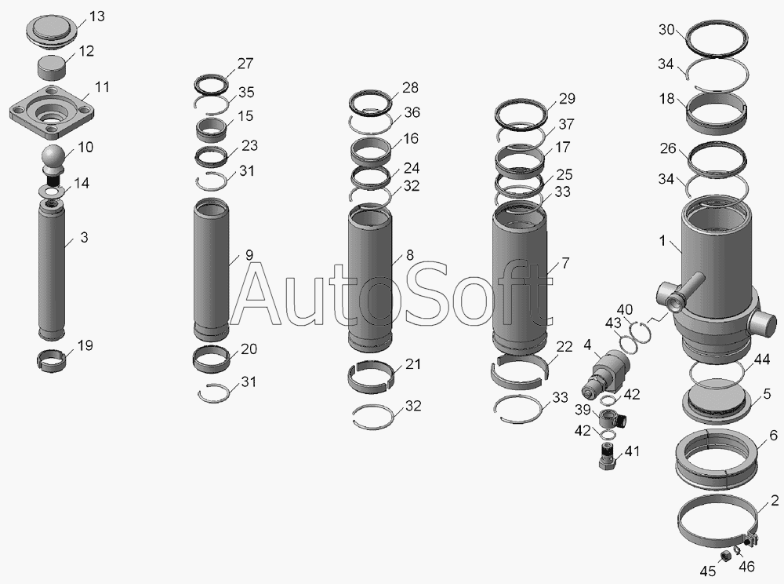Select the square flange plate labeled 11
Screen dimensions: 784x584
[53, 111]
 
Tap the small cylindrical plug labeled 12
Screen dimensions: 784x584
[52, 68]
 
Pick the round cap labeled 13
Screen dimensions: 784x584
[52, 31]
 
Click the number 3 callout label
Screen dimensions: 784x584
[84, 237]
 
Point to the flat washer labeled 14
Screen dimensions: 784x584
[52, 191]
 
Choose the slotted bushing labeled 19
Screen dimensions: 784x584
[52, 360]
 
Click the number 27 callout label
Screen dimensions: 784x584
[245, 64]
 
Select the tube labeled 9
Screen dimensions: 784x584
[211, 270]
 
